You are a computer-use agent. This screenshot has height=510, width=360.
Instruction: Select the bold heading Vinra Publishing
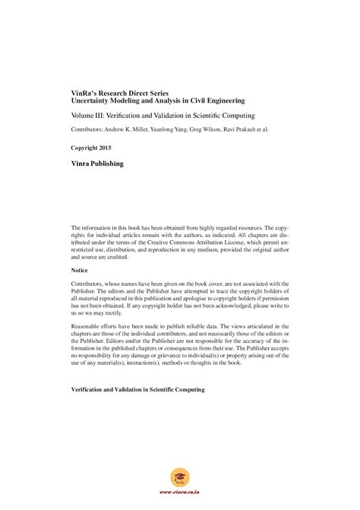pos(96,163)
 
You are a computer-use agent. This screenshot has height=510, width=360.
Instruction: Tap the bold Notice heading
pos(80,271)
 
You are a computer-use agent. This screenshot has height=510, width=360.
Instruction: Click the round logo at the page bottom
pos(180,480)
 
